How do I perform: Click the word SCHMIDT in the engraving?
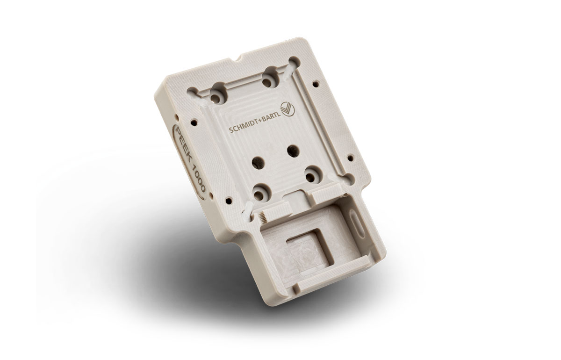(x=245, y=129)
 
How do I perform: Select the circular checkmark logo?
(x=288, y=109)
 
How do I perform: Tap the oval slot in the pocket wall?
(x=357, y=223)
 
